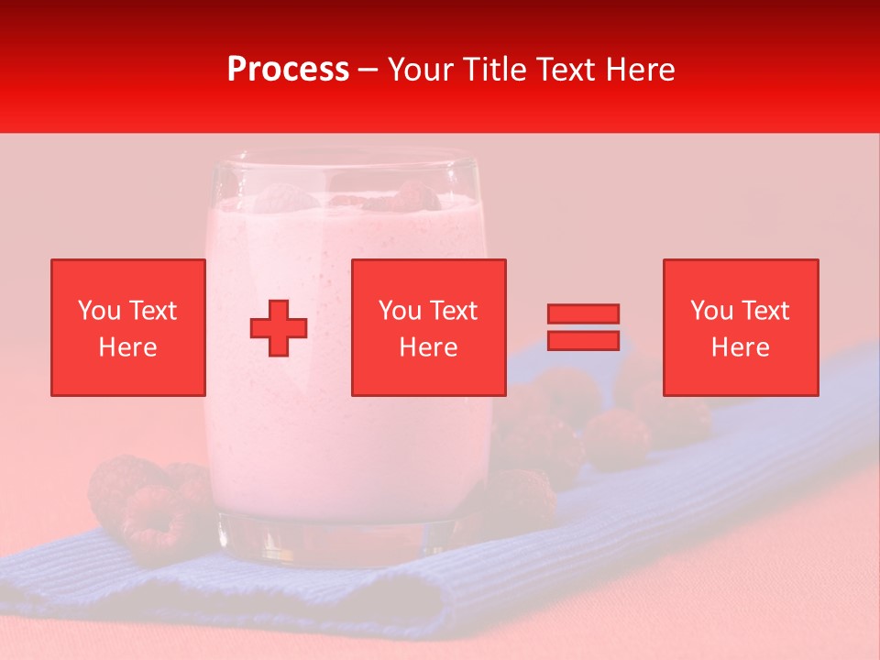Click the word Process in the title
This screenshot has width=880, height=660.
(x=288, y=70)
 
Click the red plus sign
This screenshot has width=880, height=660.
(x=279, y=327)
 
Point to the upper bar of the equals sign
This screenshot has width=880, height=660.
(x=583, y=313)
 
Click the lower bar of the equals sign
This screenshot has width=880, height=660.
(x=583, y=340)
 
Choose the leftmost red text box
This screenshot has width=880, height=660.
(x=128, y=327)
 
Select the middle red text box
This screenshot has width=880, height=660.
(x=429, y=327)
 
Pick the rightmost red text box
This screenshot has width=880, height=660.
(x=741, y=327)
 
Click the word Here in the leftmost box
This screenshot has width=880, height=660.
(x=128, y=347)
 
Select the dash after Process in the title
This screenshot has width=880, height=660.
(x=368, y=70)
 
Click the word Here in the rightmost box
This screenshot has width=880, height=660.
(x=741, y=347)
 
